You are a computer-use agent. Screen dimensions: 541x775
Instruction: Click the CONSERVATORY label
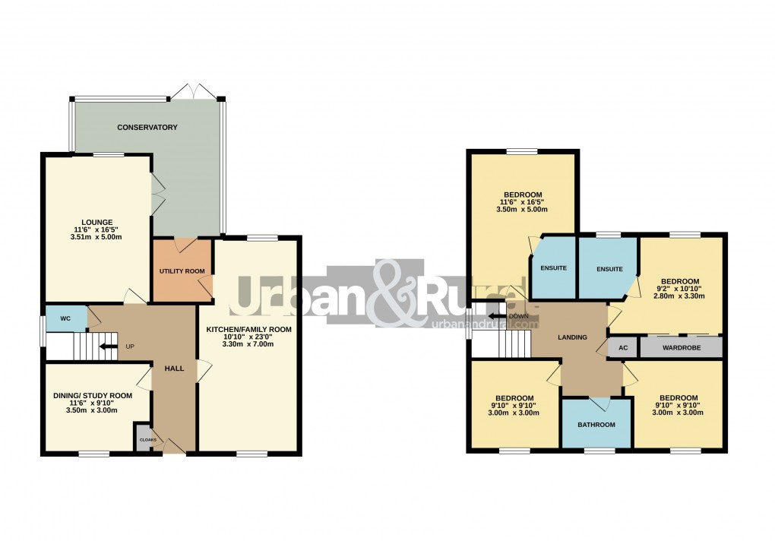(x=147, y=127)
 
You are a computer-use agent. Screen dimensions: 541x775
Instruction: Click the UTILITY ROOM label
(x=182, y=271)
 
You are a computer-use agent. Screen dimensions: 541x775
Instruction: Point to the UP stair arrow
(x=109, y=347)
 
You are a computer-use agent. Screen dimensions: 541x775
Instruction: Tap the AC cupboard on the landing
(x=622, y=348)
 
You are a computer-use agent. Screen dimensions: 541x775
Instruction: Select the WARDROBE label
(x=680, y=348)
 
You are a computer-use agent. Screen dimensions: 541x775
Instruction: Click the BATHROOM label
(x=596, y=425)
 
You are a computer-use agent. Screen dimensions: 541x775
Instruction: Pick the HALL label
(x=174, y=369)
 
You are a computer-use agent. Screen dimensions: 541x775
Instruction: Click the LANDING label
(x=572, y=337)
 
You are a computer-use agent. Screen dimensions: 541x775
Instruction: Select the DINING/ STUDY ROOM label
(x=93, y=396)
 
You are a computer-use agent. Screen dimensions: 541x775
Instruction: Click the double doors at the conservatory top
(x=194, y=91)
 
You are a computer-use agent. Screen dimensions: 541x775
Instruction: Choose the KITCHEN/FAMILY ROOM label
(x=248, y=329)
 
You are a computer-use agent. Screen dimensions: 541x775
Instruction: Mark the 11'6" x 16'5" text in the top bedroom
(x=522, y=202)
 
